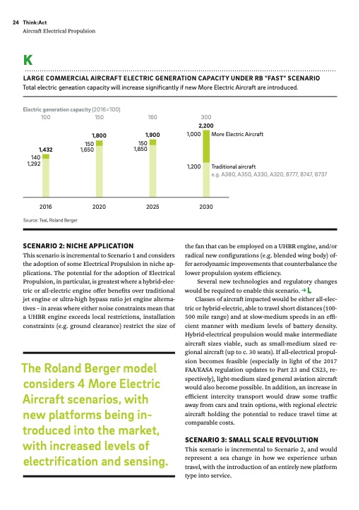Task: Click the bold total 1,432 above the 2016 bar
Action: point(46,150)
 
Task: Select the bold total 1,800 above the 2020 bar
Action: point(100,134)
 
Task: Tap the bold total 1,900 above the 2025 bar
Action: point(152,134)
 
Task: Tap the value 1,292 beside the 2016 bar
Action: point(33,164)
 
